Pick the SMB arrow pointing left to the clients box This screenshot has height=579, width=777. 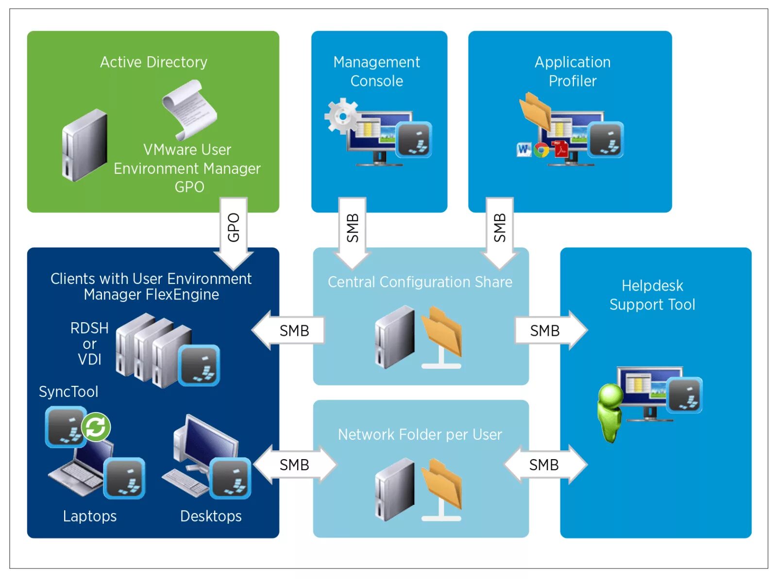click(x=290, y=331)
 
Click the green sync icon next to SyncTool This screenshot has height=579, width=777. click(x=96, y=427)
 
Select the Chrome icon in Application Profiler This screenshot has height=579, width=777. click(x=541, y=150)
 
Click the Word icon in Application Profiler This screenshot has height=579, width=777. click(x=524, y=149)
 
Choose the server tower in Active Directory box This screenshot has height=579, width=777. click(x=84, y=146)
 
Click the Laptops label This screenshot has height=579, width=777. click(x=90, y=516)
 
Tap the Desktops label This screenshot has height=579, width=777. click(x=211, y=516)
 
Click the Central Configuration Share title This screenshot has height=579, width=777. click(x=420, y=282)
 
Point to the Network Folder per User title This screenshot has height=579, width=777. click(x=420, y=434)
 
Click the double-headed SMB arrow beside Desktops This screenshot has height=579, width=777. click(x=294, y=464)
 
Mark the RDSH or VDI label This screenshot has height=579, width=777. click(x=89, y=344)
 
